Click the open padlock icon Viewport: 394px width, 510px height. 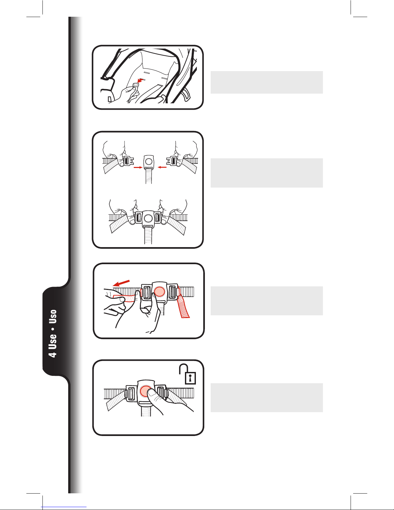pos(188,374)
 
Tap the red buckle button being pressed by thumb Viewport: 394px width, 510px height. pos(145,391)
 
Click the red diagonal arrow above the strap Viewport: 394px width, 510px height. pos(121,283)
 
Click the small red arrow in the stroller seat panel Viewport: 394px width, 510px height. pos(140,80)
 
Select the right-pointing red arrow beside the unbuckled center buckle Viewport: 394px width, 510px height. pos(138,168)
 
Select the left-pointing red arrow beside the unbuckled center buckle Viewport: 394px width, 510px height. pos(162,167)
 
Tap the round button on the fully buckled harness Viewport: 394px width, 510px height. pos(147,218)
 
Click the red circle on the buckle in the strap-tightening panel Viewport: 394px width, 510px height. pos(160,291)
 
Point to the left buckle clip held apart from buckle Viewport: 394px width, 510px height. pos(128,161)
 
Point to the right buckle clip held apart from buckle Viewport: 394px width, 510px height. pos(172,161)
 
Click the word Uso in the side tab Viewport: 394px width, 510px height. pos(53,316)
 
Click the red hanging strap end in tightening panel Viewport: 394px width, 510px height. pos(184,306)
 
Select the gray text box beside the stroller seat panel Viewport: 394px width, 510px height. pos(267,82)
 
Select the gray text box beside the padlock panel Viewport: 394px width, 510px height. pos(267,398)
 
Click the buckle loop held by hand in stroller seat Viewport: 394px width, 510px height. pos(136,85)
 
